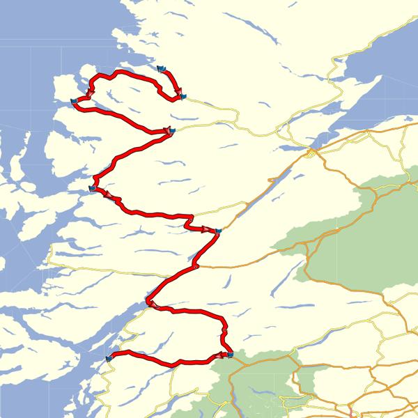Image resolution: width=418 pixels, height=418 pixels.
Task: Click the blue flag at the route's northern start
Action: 161,68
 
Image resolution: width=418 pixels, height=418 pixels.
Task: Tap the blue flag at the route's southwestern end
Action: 109,357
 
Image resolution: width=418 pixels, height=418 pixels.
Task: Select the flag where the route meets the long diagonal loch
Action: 217,231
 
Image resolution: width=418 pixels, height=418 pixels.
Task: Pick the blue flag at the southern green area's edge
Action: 230,355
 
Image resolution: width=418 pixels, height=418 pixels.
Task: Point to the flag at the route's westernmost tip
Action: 74,103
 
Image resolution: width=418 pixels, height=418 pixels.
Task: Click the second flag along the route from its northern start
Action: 182,97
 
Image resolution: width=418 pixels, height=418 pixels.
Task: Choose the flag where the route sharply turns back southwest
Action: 169,130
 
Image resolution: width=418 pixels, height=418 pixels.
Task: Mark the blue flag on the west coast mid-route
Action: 93,188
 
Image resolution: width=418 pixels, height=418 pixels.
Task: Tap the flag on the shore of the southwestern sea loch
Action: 147,301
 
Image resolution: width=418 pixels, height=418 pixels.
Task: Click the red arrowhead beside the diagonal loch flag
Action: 207,229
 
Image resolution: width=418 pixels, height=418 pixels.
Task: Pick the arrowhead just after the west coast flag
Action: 109,196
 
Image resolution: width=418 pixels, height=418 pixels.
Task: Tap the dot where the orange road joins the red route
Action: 197,265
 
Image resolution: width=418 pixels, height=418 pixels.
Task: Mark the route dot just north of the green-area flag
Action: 225,329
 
